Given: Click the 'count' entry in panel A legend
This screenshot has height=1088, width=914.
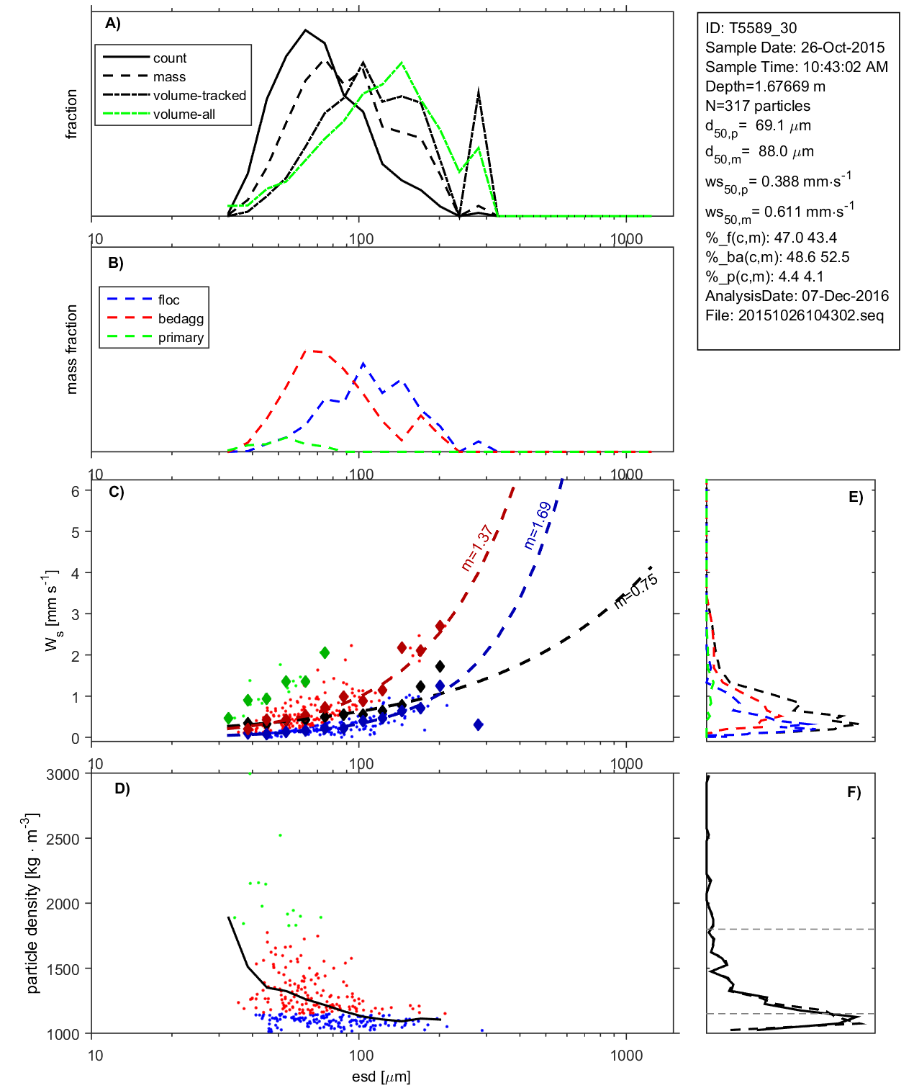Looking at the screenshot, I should pos(169,58).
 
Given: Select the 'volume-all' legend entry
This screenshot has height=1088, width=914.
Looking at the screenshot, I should pos(184,114).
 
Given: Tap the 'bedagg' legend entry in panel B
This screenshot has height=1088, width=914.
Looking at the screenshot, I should pos(181,319).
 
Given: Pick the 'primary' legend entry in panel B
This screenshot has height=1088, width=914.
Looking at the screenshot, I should pos(181,338).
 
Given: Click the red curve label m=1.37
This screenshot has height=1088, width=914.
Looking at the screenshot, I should pos(476,548).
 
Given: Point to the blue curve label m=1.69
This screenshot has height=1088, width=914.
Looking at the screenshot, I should pos(538,526).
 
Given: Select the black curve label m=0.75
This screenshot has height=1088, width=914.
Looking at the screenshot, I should pos(635,591).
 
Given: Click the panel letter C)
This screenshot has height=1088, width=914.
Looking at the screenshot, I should pos(116,493).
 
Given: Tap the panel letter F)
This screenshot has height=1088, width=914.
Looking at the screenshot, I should pos(854,792).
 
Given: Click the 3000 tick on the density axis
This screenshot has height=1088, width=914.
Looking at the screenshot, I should pos(63,775).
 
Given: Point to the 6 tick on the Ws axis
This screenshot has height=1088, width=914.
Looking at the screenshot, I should pos(75,491).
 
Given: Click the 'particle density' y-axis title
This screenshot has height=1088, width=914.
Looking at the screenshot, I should pos(32,903).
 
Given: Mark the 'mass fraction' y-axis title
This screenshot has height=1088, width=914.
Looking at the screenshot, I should pos(71,349).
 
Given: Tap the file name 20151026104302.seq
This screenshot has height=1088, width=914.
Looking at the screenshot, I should pos(810,315).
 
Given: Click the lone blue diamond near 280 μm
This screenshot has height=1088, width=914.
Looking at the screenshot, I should pos(479,724).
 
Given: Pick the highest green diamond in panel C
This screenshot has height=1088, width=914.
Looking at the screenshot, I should pos(325,652).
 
